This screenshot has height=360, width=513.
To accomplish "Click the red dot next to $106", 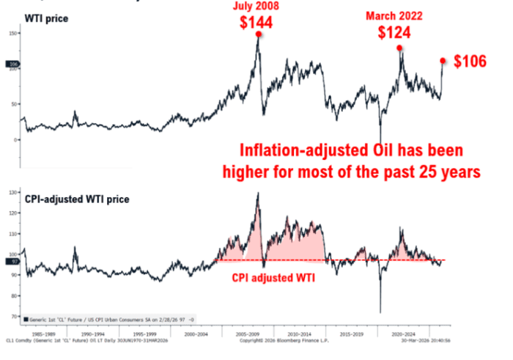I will click(x=443, y=61).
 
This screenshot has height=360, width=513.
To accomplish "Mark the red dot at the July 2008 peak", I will click(x=259, y=34).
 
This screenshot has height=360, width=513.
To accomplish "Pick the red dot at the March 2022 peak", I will click(x=399, y=48).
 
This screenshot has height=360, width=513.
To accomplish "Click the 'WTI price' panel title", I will click(x=48, y=17).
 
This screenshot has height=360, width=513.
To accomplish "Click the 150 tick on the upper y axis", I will click(x=13, y=34).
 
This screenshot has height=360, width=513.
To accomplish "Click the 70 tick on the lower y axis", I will click(x=14, y=317).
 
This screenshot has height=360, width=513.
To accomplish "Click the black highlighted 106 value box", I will click(x=13, y=65).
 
